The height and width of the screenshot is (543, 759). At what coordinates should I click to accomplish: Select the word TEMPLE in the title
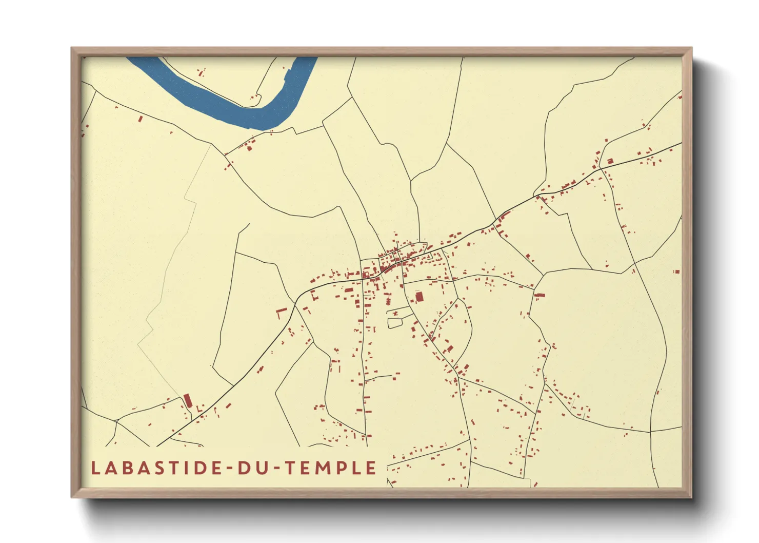point(330,468)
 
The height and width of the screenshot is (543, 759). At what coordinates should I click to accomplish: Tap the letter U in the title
point(261,468)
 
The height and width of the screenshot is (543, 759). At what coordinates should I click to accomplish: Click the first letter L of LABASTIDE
point(95,468)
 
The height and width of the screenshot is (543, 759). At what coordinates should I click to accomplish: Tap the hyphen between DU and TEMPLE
point(277,469)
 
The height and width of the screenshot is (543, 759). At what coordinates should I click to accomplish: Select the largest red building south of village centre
point(419,297)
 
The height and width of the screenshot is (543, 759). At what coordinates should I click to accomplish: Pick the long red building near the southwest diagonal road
point(187,400)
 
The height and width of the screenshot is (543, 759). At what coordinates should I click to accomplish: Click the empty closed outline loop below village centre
point(395,323)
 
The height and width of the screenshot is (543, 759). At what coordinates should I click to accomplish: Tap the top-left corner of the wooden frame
point(72,49)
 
